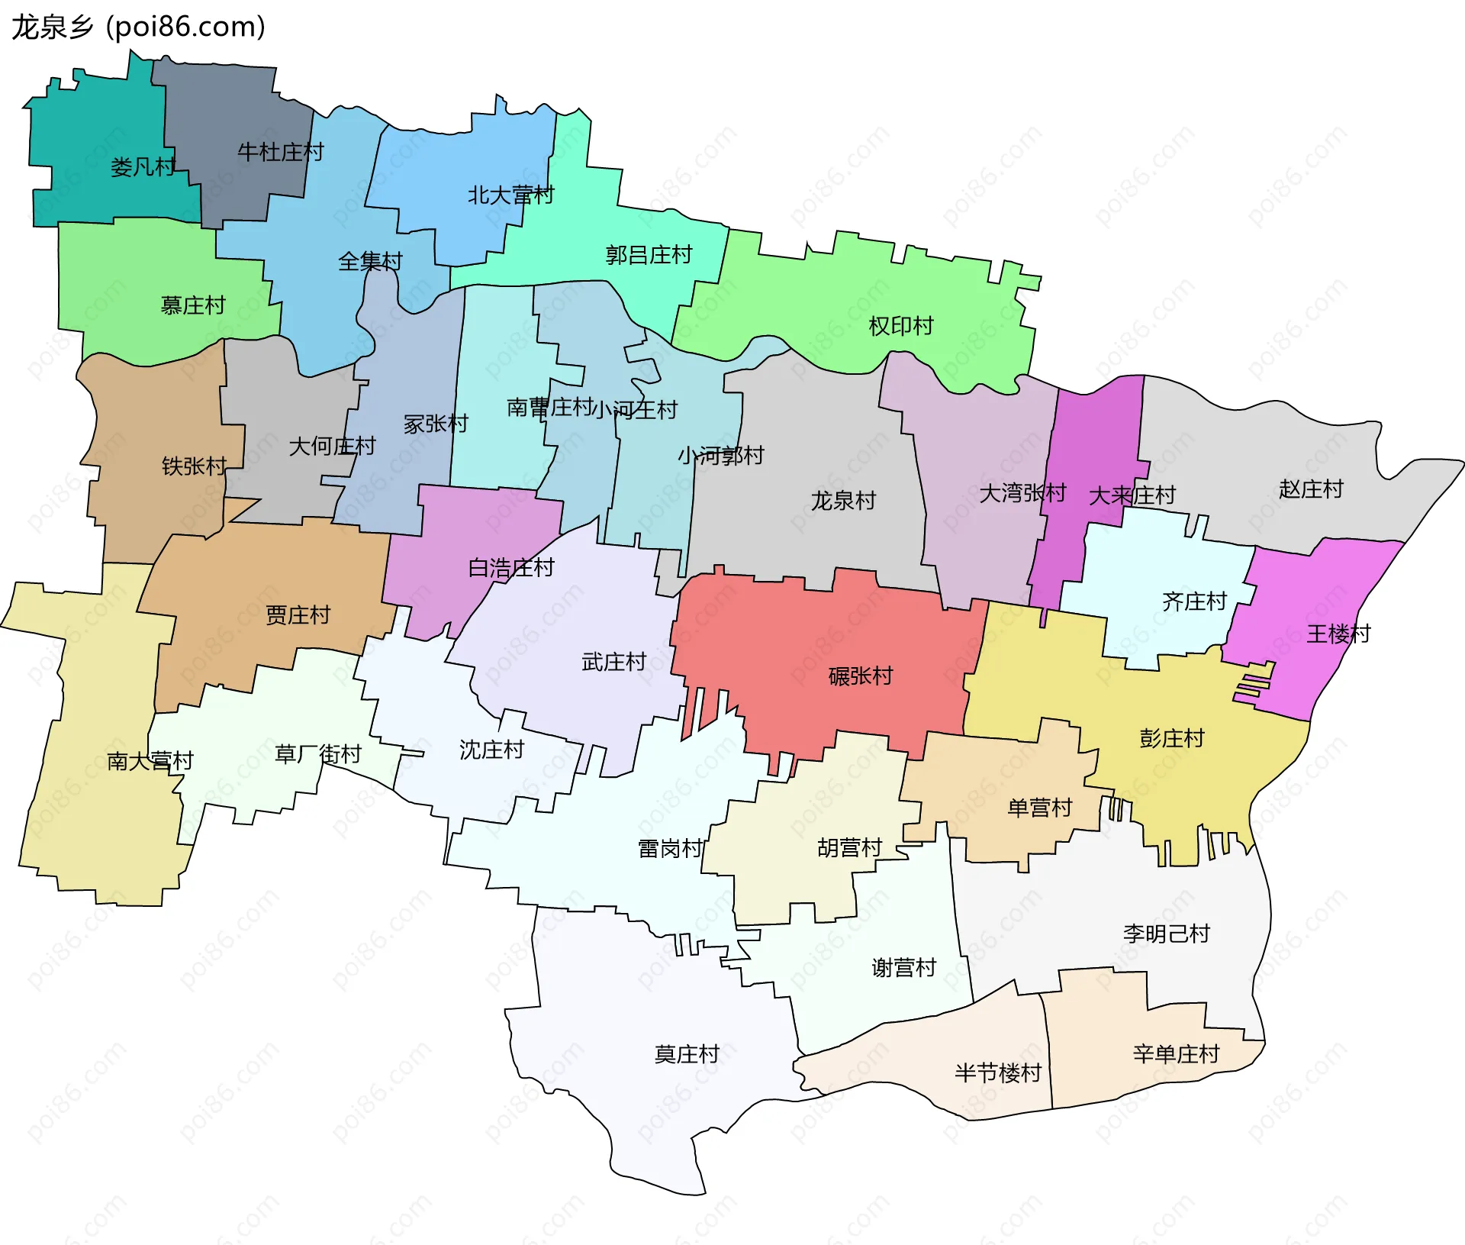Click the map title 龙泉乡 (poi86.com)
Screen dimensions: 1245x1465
point(138,27)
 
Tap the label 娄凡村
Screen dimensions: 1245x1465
point(143,166)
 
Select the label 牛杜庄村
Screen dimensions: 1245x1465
point(280,152)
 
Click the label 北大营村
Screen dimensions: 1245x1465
point(510,195)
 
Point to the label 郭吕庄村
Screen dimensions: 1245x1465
point(649,255)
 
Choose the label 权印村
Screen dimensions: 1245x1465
point(901,327)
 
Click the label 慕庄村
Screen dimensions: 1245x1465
point(193,306)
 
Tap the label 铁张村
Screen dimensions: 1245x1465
point(194,466)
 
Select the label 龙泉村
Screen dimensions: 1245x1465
point(843,502)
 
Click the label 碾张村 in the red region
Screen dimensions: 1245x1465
point(860,676)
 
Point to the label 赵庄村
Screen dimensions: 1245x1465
point(1310,489)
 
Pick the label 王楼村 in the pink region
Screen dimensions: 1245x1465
point(1338,634)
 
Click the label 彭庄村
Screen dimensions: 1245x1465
point(1171,738)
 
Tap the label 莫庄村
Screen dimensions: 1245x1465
point(687,1055)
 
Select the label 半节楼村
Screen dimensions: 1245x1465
point(997,1073)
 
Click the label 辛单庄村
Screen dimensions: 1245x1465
point(1176,1055)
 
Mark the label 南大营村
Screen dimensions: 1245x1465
point(150,761)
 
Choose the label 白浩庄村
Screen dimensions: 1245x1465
point(510,568)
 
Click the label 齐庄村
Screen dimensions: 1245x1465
point(1193,602)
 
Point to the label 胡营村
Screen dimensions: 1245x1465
point(849,848)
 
